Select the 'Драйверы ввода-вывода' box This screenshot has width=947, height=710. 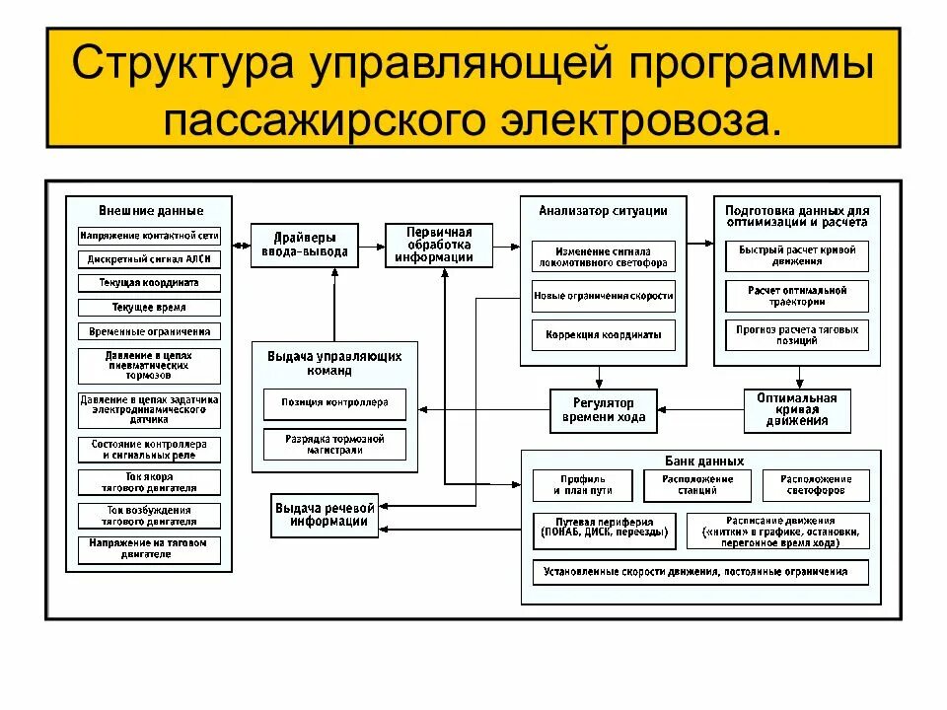pos(303,245)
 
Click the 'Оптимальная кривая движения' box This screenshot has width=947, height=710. pos(797,410)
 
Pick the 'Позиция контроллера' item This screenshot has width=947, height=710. pos(334,403)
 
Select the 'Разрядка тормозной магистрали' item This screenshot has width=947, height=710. pos(334,444)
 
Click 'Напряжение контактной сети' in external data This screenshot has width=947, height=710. pos(150,237)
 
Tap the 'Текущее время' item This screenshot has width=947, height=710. pos(150,308)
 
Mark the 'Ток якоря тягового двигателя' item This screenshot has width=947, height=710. pos(150,482)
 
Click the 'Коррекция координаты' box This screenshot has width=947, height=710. pos(604,333)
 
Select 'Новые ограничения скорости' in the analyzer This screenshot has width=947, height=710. pos(604,296)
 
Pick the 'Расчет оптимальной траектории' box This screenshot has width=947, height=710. pos(797,296)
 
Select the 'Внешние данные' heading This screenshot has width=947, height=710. pos(151,210)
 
